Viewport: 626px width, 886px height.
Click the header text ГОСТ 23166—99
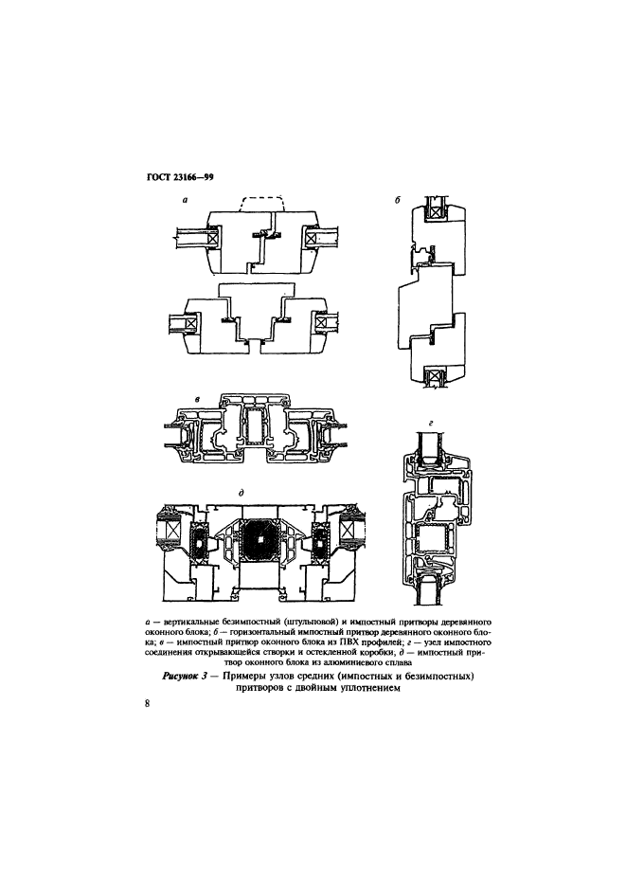pos(174,178)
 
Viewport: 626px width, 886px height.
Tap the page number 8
pos(148,703)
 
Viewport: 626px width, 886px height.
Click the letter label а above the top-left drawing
pos(185,199)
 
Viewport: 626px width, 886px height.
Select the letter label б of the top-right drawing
pos(398,201)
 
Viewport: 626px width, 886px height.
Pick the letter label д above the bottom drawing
pos(241,493)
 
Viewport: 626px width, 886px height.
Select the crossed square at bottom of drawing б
pos(437,376)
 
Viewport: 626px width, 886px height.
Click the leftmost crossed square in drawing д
pos(172,532)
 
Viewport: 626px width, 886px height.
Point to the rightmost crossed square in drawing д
pos(347,532)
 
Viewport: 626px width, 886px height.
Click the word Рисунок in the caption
pos(180,677)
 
